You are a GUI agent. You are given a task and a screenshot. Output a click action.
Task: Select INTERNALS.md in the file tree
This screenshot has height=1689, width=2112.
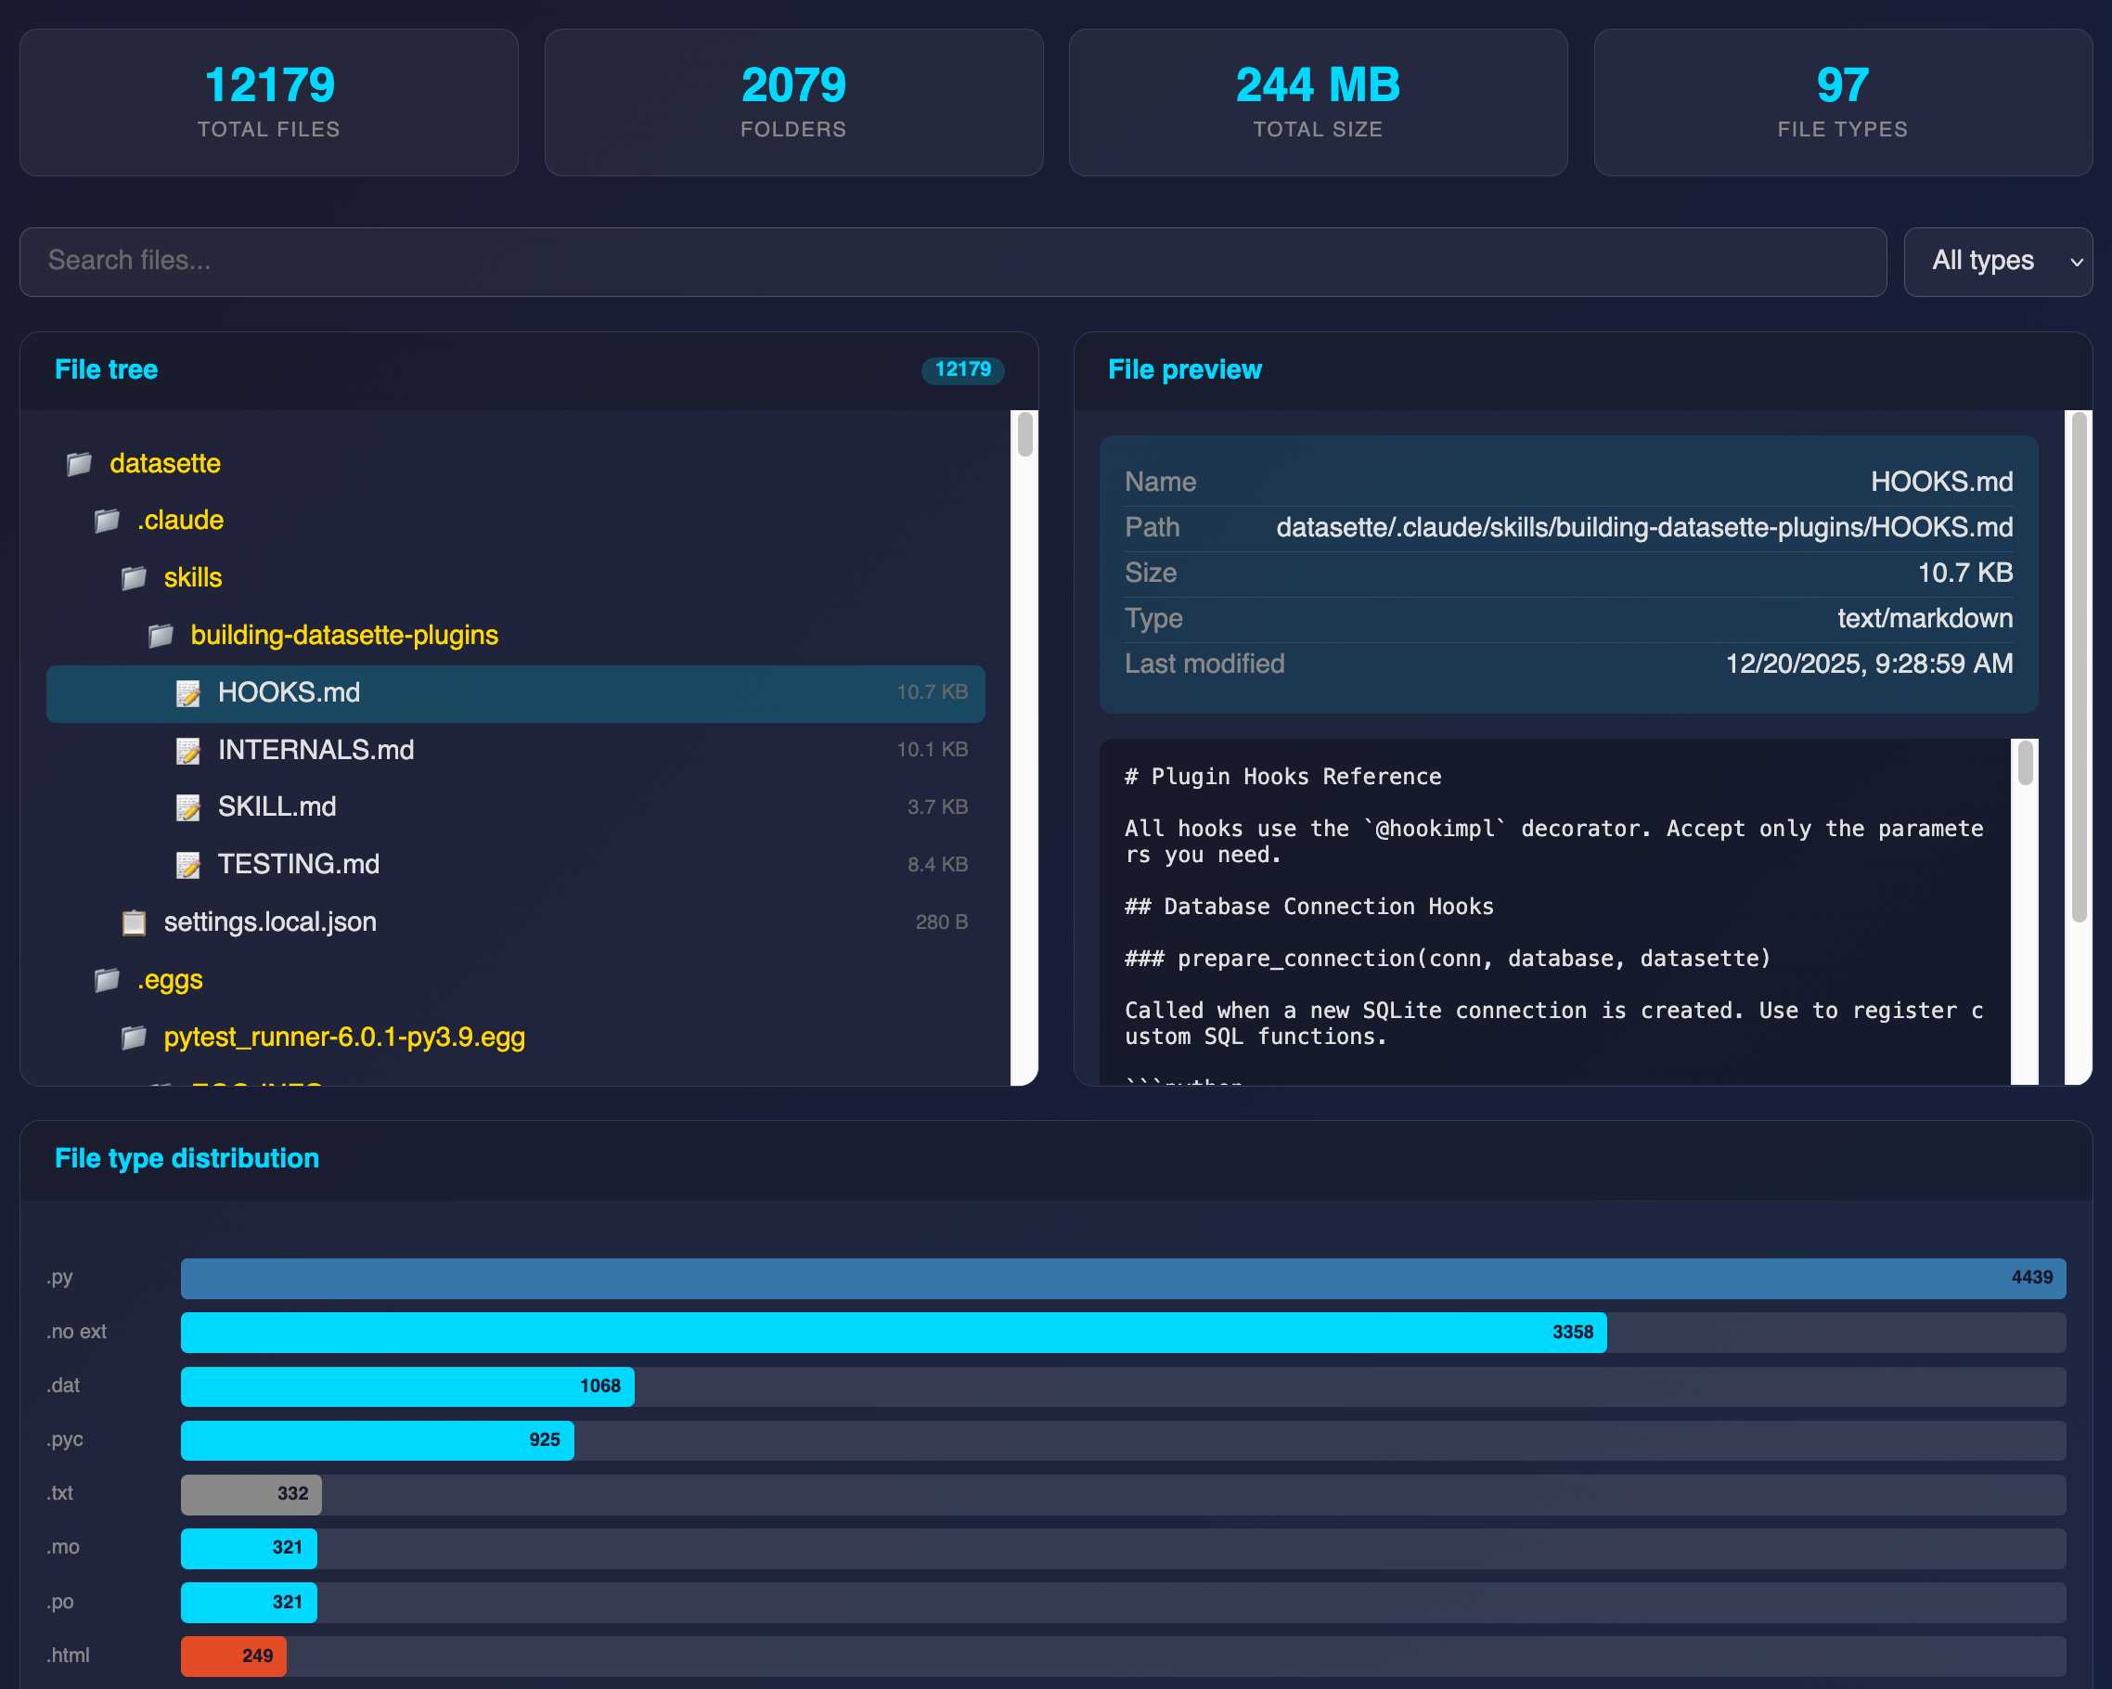click(x=316, y=750)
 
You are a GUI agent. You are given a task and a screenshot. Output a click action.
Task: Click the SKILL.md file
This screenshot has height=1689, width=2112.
click(x=277, y=806)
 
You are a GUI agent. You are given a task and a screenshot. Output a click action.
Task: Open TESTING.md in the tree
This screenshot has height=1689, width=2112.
click(x=298, y=864)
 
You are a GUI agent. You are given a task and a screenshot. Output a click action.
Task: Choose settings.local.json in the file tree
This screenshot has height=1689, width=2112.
click(x=269, y=922)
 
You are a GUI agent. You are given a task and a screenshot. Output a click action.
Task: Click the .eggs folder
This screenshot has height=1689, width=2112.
click(x=170, y=980)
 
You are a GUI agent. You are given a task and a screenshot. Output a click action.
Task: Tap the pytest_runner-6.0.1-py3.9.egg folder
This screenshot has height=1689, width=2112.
click(x=344, y=1037)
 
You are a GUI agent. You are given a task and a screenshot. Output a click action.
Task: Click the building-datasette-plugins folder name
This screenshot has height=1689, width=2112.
click(x=344, y=635)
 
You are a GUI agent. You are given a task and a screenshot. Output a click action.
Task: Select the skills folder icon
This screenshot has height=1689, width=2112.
click(x=135, y=578)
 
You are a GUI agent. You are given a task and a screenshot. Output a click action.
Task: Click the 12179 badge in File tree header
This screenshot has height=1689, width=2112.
click(x=962, y=369)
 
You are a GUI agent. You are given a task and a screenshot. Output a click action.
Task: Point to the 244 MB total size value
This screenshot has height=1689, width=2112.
click(x=1318, y=85)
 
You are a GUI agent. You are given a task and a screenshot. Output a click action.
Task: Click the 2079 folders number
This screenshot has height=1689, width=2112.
click(x=793, y=85)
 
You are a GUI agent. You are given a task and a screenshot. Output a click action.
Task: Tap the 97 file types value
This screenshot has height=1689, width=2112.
click(x=1842, y=85)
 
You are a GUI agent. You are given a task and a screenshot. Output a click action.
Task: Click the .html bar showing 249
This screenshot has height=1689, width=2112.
click(x=233, y=1656)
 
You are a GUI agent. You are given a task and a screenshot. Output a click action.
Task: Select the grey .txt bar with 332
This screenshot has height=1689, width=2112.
click(x=251, y=1494)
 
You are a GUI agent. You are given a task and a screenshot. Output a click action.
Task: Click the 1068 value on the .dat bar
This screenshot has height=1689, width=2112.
click(x=599, y=1386)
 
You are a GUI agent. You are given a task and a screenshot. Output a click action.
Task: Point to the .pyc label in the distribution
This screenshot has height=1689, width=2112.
click(x=65, y=1439)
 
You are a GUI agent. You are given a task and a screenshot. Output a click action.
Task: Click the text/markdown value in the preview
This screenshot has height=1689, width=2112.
click(x=1924, y=618)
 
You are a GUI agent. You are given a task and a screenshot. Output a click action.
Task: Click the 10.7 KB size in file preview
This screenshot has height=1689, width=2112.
click(x=1964, y=574)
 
